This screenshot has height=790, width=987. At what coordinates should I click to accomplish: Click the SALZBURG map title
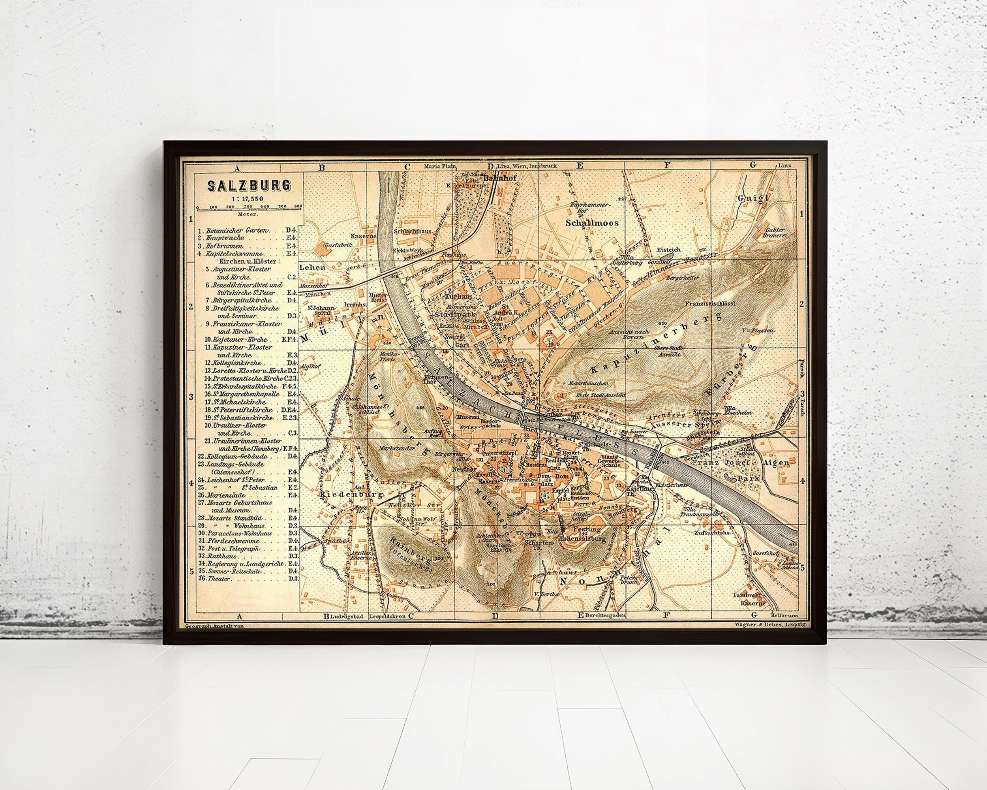point(249,186)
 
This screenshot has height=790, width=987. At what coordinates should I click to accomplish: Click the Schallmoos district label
point(592,223)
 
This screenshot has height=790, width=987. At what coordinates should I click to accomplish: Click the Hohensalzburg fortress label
point(583,540)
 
